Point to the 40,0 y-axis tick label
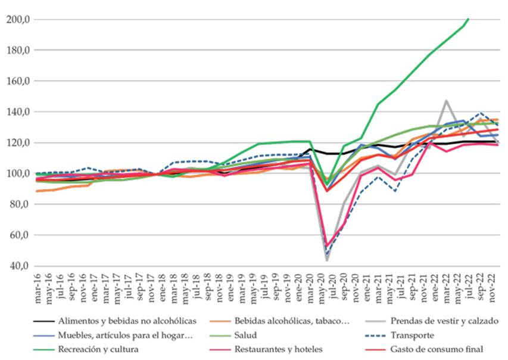(18, 266)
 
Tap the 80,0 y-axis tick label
(18, 204)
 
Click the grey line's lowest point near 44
(326, 260)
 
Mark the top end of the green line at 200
(469, 19)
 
